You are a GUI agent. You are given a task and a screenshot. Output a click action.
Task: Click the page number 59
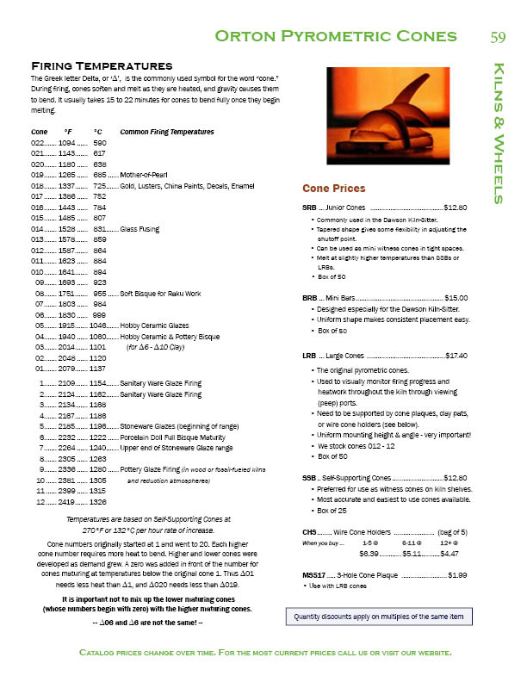click(497, 36)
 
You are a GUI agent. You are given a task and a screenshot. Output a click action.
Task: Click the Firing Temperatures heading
click(102, 65)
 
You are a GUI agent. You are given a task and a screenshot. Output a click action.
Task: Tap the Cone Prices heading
click(333, 189)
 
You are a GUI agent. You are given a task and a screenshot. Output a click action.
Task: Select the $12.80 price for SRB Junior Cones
click(454, 208)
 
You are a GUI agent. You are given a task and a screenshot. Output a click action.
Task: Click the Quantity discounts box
click(379, 617)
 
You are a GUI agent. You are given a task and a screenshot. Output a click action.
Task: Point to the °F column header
click(69, 131)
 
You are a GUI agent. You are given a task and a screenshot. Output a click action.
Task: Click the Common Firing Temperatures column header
click(166, 131)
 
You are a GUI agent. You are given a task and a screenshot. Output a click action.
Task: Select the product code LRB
click(309, 355)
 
